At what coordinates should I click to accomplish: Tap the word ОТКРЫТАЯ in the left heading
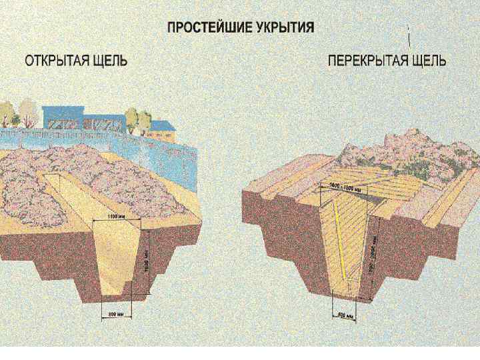[x=55, y=61]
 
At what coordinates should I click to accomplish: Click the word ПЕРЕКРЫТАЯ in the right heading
[x=367, y=61]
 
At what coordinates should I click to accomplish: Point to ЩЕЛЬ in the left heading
[x=109, y=61]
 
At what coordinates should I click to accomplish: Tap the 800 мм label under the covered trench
[x=345, y=314]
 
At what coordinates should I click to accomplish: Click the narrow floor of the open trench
[x=114, y=294]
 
